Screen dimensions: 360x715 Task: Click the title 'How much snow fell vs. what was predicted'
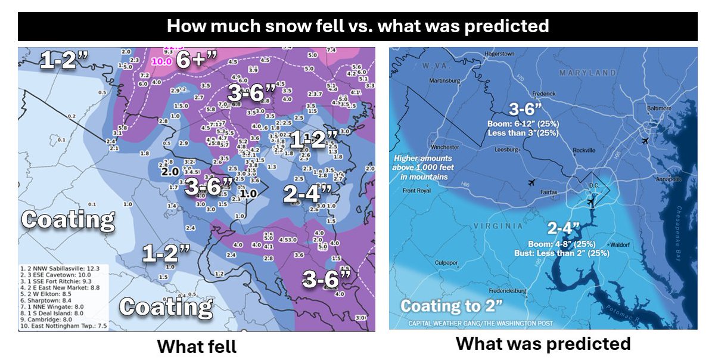click(x=357, y=27)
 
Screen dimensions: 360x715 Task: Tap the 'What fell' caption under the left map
click(x=196, y=346)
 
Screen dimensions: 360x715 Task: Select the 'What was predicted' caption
click(x=543, y=343)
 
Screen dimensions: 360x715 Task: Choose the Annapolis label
click(x=667, y=179)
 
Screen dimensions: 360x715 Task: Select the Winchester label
click(x=444, y=147)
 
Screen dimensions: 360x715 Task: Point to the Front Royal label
click(x=417, y=191)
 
